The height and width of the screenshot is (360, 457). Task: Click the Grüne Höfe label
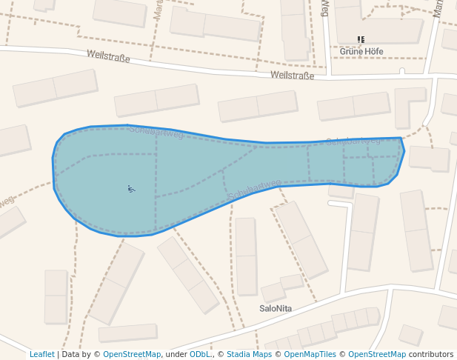[361, 51]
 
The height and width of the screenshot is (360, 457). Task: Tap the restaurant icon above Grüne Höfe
[361, 39]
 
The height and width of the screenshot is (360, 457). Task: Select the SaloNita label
[276, 307]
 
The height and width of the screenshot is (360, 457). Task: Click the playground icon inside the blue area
[131, 189]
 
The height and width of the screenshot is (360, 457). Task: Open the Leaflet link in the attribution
[41, 354]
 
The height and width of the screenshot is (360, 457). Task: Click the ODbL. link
[200, 354]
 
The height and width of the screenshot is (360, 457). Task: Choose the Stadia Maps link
[249, 354]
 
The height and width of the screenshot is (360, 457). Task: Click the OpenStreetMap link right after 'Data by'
[131, 354]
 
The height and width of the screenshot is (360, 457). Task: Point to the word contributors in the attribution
[430, 354]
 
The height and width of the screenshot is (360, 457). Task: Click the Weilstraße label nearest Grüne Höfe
[293, 76]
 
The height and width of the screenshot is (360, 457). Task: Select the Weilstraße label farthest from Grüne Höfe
[108, 56]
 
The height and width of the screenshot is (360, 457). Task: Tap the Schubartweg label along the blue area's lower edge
[255, 190]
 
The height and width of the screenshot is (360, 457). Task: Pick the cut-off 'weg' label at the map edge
[6, 201]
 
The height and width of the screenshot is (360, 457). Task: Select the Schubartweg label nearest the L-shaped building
[353, 141]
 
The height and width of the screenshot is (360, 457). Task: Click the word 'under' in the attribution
[176, 354]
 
